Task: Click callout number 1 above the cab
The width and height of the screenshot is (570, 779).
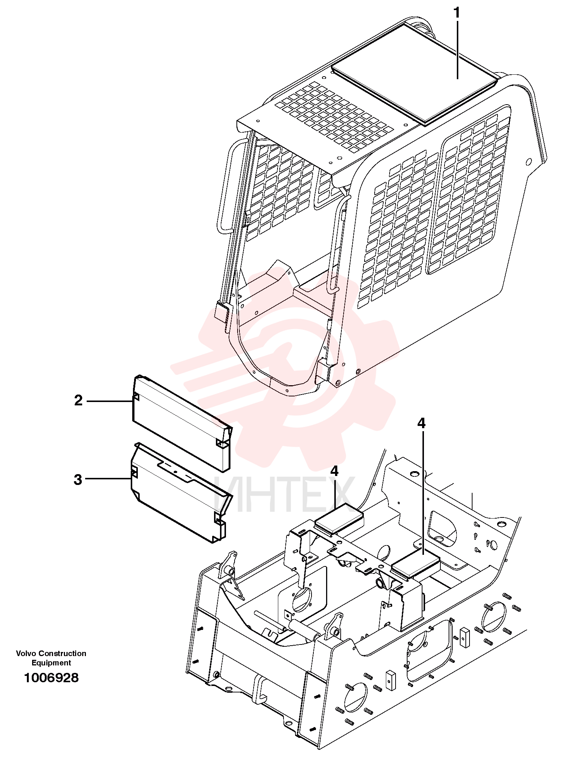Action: [x=457, y=13]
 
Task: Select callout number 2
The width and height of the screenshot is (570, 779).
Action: [x=78, y=401]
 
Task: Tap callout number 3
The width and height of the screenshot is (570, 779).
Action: [x=78, y=480]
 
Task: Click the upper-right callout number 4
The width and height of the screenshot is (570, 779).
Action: [x=421, y=423]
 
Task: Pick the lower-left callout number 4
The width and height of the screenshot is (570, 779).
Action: [x=334, y=472]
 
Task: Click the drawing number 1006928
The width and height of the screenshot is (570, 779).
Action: [x=51, y=678]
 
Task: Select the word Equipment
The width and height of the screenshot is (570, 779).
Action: [x=51, y=663]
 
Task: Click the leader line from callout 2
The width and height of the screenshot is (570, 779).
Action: [x=110, y=401]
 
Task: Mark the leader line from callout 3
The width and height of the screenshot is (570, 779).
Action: [x=108, y=479]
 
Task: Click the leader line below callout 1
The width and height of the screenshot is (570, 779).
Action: [x=457, y=51]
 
